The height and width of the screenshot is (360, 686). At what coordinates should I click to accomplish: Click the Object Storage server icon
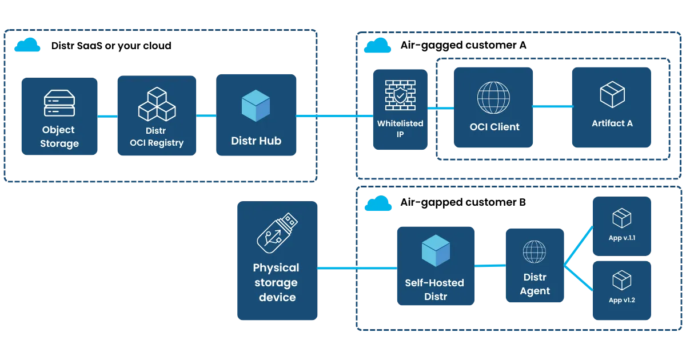point(59,103)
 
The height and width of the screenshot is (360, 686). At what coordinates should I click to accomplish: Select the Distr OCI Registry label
point(156,137)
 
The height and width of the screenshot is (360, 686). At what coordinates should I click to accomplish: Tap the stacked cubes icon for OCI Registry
point(157,103)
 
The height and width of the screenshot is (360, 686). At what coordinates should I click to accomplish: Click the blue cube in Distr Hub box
point(256,106)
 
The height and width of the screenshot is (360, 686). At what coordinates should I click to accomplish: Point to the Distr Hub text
point(256,141)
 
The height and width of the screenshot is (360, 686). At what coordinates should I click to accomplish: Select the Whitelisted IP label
point(400,129)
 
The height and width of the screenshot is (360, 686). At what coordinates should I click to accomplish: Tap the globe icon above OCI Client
point(493,97)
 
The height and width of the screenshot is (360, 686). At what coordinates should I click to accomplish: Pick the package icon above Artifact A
point(612,94)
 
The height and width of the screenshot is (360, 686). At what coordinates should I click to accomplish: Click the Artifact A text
point(612,123)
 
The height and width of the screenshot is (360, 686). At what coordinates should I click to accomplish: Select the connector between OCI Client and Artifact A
point(553,107)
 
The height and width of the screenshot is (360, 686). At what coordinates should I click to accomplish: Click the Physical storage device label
point(277,282)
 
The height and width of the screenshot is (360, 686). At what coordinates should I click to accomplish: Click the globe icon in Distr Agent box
point(535,251)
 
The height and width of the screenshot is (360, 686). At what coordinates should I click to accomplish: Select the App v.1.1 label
point(622,238)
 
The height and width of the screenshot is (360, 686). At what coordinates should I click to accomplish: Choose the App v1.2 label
point(622,301)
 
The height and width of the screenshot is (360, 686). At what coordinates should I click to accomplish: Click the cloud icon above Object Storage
point(27,46)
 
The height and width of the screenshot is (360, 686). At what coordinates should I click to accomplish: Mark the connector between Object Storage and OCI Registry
point(107,117)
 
